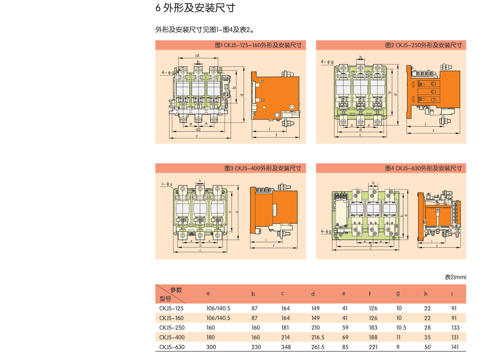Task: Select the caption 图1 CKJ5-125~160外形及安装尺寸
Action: tap(258, 45)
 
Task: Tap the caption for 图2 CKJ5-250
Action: tap(423, 45)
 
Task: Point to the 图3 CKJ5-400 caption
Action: tap(262, 169)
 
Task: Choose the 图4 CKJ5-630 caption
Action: tap(423, 169)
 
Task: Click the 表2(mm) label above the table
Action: tap(455, 277)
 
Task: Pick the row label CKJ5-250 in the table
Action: tap(172, 328)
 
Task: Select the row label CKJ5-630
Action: tap(172, 347)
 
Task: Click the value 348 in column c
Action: tap(285, 347)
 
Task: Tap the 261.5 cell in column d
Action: tap(318, 347)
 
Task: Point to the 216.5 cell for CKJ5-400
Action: tap(318, 337)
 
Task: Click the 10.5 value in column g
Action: tap(401, 328)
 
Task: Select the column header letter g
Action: tap(398, 294)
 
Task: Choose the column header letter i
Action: tap(452, 294)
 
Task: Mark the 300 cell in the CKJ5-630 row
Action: tap(211, 347)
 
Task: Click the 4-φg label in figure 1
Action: tap(169, 72)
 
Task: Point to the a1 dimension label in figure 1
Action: tap(197, 56)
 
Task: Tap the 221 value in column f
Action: tap(373, 347)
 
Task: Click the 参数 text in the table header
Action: tap(176, 290)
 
